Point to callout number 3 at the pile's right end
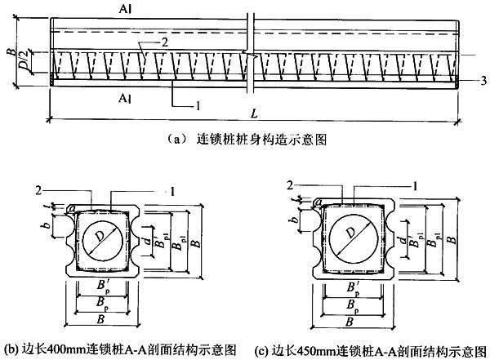click(483, 80)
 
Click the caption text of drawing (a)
click(238, 140)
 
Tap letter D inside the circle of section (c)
click(348, 233)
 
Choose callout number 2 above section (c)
click(290, 185)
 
